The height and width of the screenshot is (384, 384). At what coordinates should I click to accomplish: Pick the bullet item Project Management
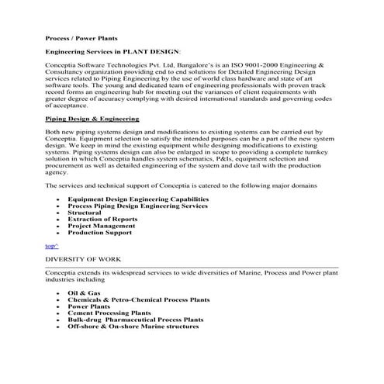[x=101, y=226]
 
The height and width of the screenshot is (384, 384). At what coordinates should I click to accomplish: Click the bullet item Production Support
[x=99, y=232]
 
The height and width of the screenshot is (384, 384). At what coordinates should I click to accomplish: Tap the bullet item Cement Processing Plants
[x=109, y=313]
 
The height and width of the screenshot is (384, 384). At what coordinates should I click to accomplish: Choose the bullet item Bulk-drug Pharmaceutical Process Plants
[x=136, y=320]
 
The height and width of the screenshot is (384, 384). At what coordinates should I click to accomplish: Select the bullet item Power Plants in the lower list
[x=89, y=306]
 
